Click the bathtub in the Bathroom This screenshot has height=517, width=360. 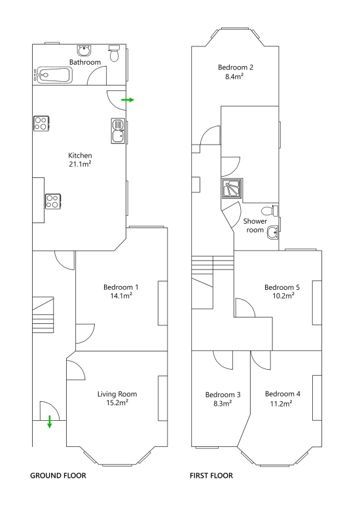pos(53,75)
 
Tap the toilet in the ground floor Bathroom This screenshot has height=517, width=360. pos(114,54)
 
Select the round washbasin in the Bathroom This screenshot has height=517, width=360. pos(84,50)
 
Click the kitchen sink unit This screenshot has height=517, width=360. pos(118,132)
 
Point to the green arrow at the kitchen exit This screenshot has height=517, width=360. pos(128,99)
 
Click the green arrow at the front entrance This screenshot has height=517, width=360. pos(50,421)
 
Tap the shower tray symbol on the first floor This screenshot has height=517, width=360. pos(232,188)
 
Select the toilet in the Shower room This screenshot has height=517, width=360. pos(270,210)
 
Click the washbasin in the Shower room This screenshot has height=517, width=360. pos(272,232)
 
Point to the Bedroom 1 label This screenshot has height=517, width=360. pos(121,287)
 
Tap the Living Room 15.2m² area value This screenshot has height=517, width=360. pos(117,402)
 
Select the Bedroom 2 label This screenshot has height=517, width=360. pos(236,67)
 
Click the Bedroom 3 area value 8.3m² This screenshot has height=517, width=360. pos(223,403)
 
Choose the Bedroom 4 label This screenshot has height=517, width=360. pos(283,394)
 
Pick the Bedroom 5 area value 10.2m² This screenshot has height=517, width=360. pos(283,296)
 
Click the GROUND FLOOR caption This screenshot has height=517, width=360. pos(58,476)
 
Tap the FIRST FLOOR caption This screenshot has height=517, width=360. pos(211,476)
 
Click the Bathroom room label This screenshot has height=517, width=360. pos(85,62)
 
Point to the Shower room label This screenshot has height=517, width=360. pos(255,226)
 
